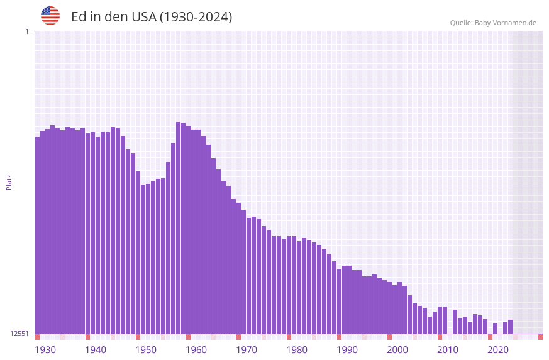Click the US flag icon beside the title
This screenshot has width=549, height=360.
pos(50,16)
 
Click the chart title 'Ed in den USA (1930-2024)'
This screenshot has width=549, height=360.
pos(152,17)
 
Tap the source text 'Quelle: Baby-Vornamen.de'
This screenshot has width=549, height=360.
pos(493,23)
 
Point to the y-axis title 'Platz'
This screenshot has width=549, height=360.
pos(9,183)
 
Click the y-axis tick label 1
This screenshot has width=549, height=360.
pos(26,31)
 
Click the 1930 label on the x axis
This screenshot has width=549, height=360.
pos(45,350)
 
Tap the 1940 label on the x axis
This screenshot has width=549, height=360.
pos(96,350)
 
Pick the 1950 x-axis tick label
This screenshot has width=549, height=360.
pos(146,350)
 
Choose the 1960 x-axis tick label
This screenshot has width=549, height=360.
pos(196,350)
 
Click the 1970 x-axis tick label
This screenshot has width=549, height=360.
pos(247,350)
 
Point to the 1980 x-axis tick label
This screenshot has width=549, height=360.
pos(297,350)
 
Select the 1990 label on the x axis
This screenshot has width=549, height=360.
pos(347,350)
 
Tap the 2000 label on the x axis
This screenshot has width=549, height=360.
pos(397,350)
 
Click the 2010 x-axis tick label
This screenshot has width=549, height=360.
pos(448,350)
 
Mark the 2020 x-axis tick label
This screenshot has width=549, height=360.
pos(498,350)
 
